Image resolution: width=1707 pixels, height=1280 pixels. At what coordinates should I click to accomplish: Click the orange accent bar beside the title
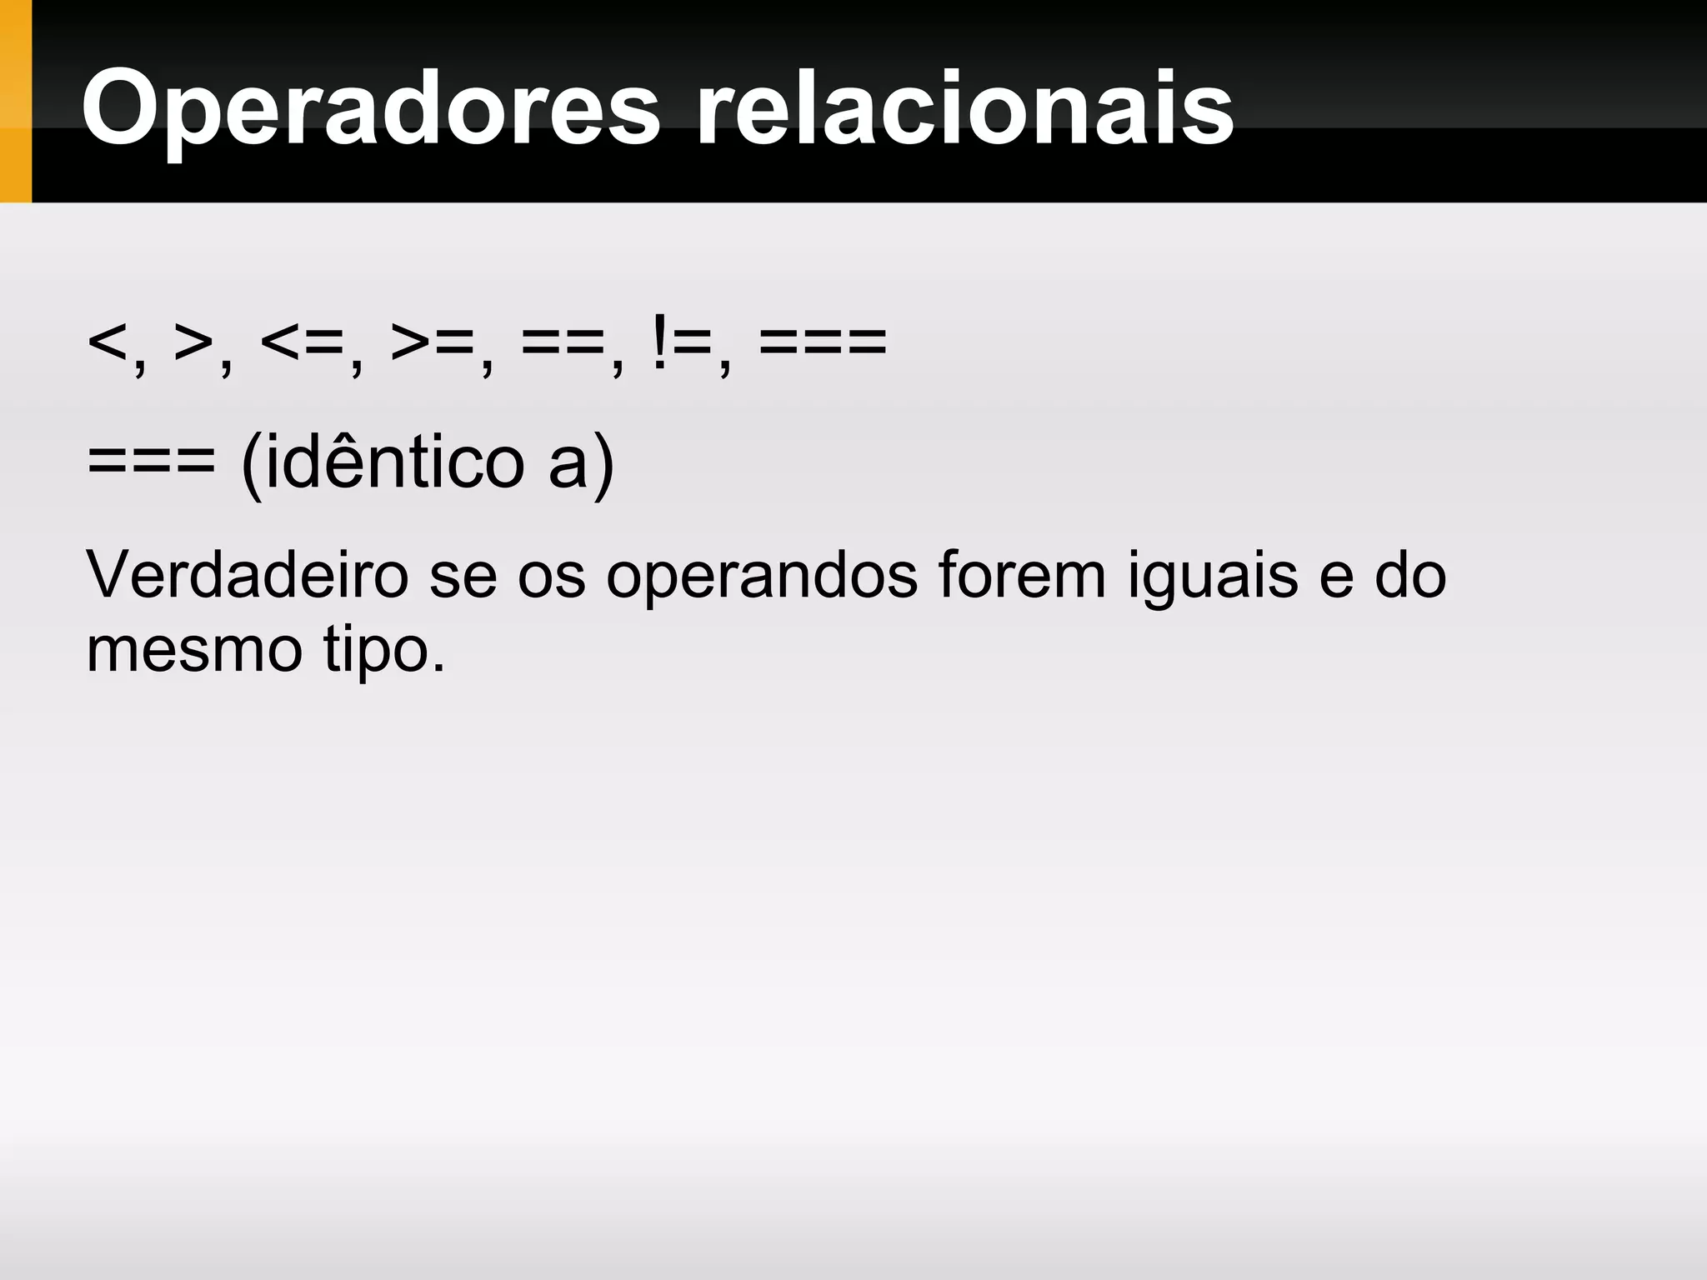pyautogui.click(x=15, y=101)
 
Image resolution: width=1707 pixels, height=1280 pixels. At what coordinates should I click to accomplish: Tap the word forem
pyautogui.click(x=1022, y=574)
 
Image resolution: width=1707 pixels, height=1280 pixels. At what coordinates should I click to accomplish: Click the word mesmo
pyautogui.click(x=194, y=650)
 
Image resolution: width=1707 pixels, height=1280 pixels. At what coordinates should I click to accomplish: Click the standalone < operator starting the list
pyautogui.click(x=108, y=342)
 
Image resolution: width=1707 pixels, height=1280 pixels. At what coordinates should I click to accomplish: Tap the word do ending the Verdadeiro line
pyautogui.click(x=1409, y=574)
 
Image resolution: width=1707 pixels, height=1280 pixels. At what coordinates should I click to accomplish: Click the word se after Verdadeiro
pyautogui.click(x=463, y=576)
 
